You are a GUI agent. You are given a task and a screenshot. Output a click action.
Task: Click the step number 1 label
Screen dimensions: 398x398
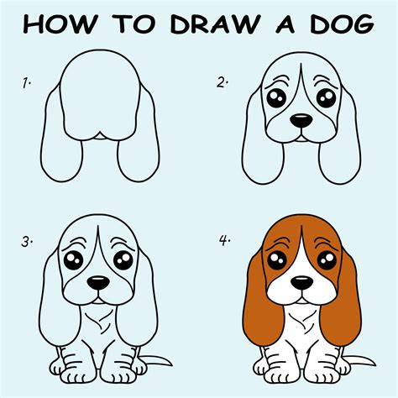pos(28,82)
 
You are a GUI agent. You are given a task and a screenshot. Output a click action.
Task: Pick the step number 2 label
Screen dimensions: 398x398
pos(223,82)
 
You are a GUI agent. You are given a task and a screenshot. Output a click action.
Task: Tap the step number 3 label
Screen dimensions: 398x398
pos(28,242)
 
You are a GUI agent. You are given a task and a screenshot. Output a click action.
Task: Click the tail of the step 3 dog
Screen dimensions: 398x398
pos(158,362)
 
